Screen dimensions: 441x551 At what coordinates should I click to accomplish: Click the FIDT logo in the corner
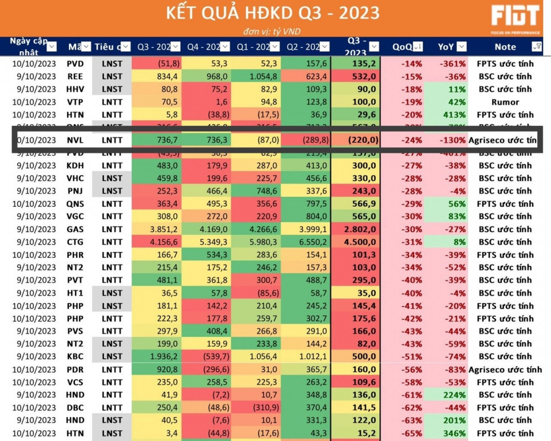(x=515, y=18)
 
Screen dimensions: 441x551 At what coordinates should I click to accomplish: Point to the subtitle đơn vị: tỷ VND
(x=272, y=31)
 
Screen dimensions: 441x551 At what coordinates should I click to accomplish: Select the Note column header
(x=505, y=47)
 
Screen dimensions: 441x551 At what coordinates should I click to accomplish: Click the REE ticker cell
(x=75, y=76)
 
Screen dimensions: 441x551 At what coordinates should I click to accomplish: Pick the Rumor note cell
(x=505, y=102)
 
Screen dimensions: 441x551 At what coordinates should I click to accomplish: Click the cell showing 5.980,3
(x=258, y=242)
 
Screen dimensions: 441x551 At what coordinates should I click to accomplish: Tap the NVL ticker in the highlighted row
(x=75, y=140)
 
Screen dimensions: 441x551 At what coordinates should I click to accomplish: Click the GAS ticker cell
(x=75, y=229)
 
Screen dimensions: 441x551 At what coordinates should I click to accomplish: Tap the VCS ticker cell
(x=75, y=382)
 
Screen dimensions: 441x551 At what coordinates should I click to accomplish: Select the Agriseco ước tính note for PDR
(x=505, y=369)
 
